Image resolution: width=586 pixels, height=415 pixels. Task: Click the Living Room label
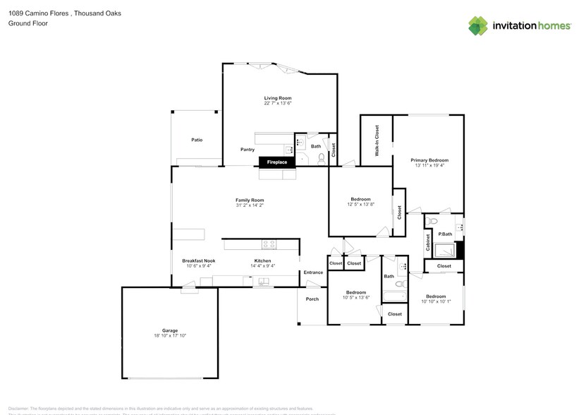point(278,98)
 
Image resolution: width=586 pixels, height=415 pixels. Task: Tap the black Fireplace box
point(276,162)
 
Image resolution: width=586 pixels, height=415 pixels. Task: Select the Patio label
point(197,140)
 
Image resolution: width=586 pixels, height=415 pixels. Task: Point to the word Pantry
point(247,150)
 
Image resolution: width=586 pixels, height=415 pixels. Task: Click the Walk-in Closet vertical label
point(377,140)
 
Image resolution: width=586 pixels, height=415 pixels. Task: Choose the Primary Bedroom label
point(429,160)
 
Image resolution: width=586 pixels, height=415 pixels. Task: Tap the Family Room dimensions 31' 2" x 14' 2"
point(250,205)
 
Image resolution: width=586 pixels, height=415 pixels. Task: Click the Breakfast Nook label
point(198,260)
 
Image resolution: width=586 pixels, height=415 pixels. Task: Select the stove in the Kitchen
point(269,245)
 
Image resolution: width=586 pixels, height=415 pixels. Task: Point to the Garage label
point(170,330)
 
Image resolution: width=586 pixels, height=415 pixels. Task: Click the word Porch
point(312,299)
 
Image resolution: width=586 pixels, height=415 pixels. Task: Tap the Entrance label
point(313,272)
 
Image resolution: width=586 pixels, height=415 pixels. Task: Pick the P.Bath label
point(445,234)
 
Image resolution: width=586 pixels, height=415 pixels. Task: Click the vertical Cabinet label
point(428,243)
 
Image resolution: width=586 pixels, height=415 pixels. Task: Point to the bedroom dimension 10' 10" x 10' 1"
point(435,301)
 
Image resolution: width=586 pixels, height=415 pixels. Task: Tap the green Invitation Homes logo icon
point(478,26)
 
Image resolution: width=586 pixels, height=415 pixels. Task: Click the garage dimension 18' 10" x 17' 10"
point(170,335)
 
